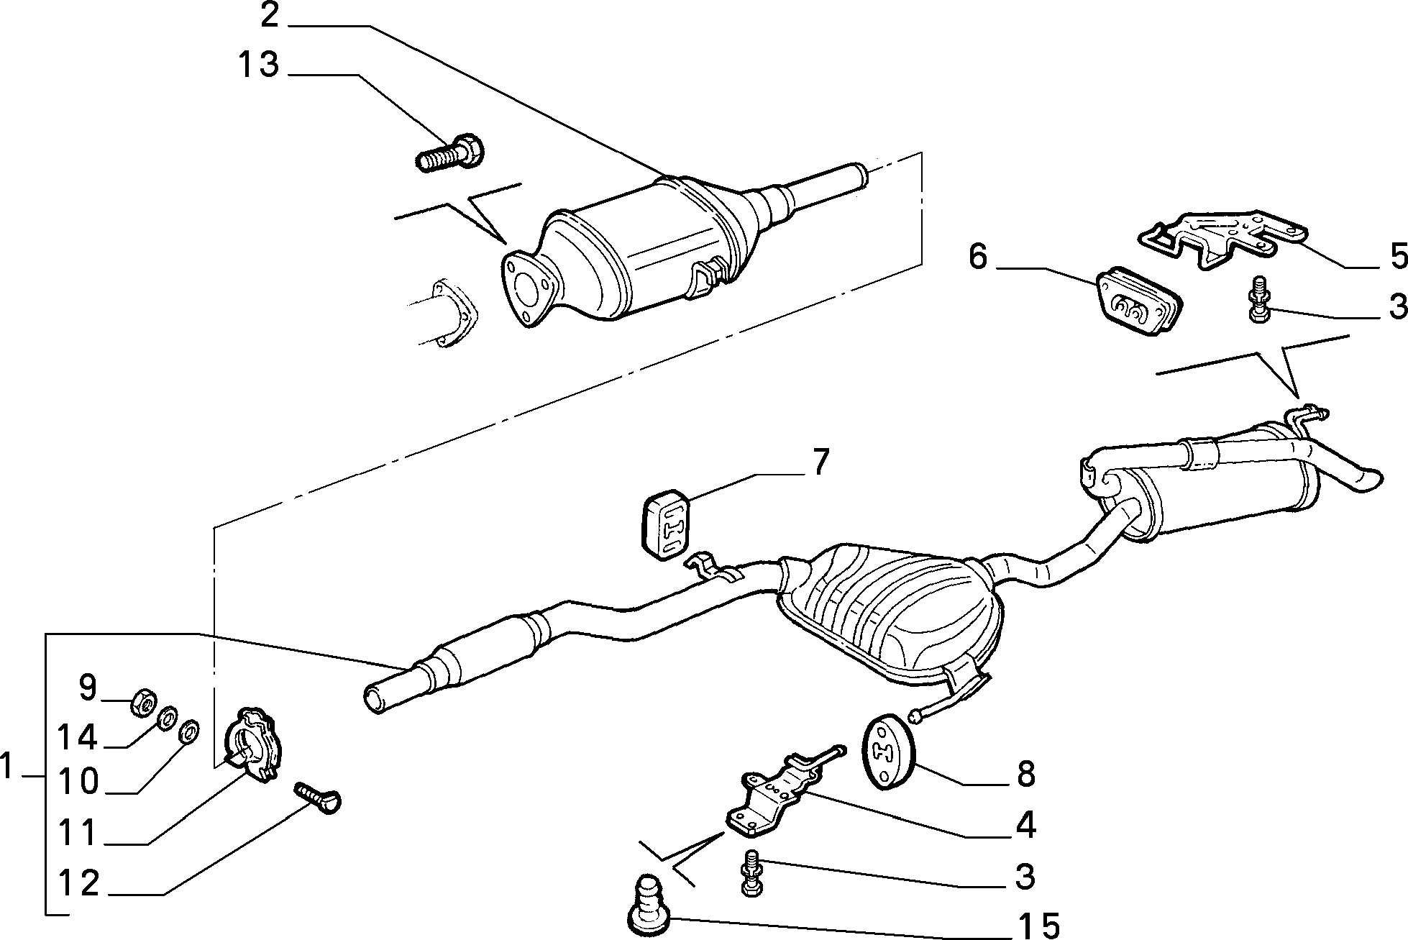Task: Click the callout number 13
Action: pos(258,65)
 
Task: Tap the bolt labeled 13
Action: pos(450,152)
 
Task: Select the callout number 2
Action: pos(269,14)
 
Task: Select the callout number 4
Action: pos(1025,826)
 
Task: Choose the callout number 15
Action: pos(1040,925)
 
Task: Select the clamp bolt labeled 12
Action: pos(317,798)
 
